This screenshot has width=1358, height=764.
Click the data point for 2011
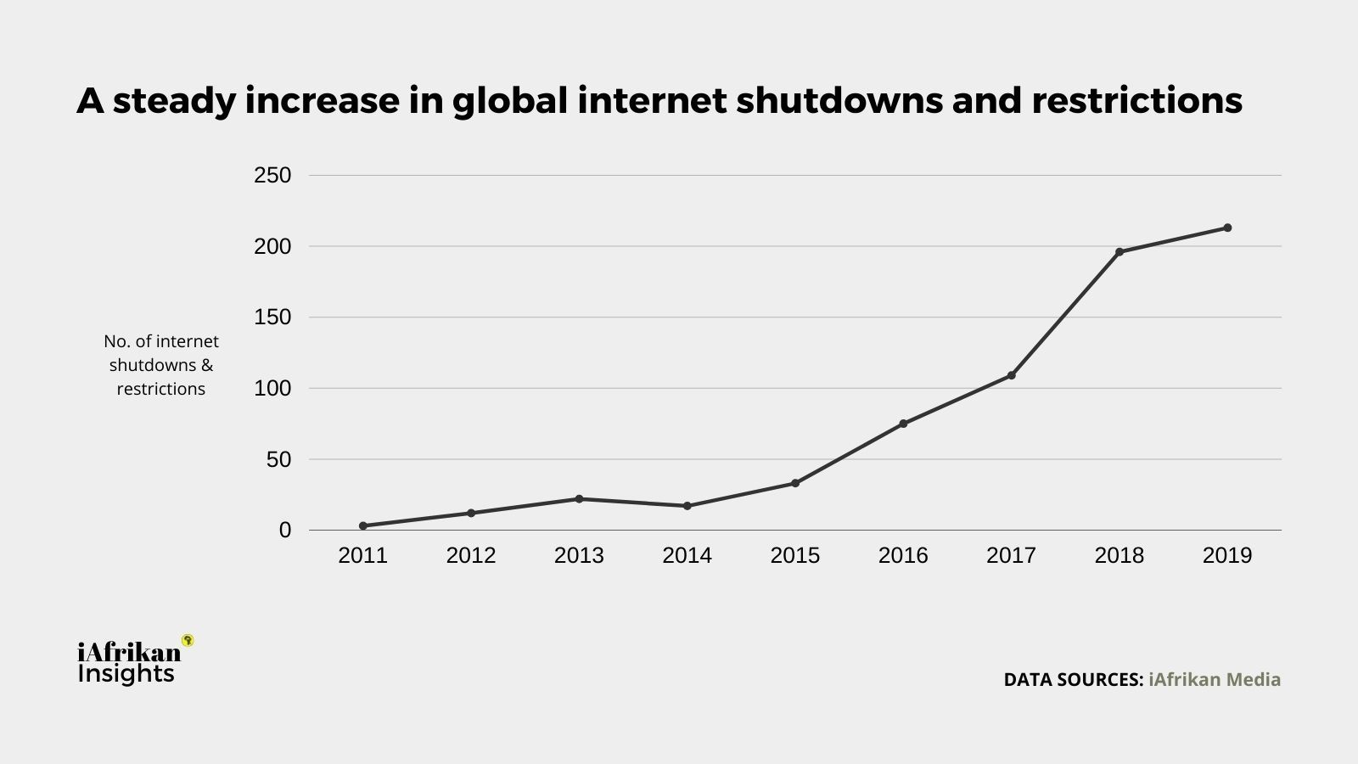coord(363,525)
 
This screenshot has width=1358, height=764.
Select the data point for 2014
coord(687,506)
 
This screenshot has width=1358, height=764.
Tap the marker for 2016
coord(903,424)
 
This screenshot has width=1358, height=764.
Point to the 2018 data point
coord(1120,252)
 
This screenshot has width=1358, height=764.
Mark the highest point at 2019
coord(1227,228)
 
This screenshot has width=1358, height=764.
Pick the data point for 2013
coord(579,498)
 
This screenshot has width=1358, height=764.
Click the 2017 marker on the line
coord(1012,375)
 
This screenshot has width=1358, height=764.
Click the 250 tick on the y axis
coord(272,176)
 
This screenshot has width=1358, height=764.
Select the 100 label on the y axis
coord(272,389)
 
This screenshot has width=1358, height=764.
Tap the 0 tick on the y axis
coord(284,531)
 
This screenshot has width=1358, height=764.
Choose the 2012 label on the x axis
coord(471,555)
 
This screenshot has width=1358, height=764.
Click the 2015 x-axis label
coord(795,555)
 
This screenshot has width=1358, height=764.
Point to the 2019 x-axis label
coord(1227,555)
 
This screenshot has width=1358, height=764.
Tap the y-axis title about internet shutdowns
coord(161,365)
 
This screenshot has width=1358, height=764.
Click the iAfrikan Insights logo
coord(129,662)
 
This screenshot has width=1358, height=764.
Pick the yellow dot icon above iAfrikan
coord(188,640)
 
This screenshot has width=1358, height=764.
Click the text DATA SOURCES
coord(1073,679)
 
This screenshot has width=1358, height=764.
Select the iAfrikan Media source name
coord(1215,679)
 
